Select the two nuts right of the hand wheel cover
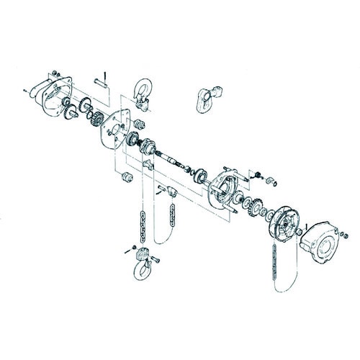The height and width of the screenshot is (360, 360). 344,233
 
